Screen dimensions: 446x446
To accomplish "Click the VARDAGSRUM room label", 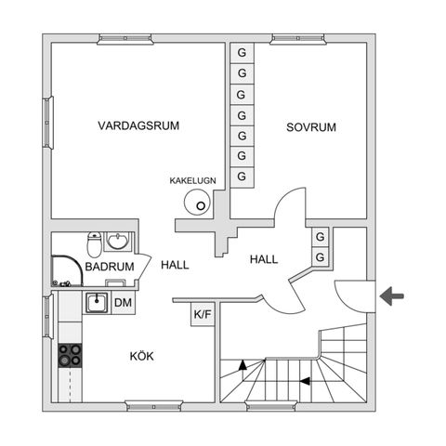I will coord(138,125).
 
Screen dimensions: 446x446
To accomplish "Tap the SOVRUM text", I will coord(310,127).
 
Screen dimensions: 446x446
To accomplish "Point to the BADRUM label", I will coord(110,267).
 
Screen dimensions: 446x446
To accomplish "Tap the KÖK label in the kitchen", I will coord(141,355).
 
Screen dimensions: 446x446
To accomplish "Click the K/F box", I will coord(202,314).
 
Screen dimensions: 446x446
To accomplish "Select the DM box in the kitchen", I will coord(123,302).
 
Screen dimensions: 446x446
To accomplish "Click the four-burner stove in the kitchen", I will coord(71,354).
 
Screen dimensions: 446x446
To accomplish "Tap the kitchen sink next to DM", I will coord(97,302).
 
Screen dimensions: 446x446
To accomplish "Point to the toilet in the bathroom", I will coord(93,245).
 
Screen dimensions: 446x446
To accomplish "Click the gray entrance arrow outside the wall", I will coord(392,296).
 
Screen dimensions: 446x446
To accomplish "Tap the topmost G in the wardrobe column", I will coord(242,52).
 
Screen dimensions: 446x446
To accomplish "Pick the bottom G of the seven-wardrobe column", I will coord(242,177).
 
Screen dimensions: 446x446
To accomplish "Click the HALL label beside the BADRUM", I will coord(175,265).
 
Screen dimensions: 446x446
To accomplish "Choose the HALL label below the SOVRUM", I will coord(266,260).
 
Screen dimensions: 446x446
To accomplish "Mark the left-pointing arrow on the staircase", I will coord(319,366).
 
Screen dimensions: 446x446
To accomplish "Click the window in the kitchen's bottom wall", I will coord(151,403).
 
